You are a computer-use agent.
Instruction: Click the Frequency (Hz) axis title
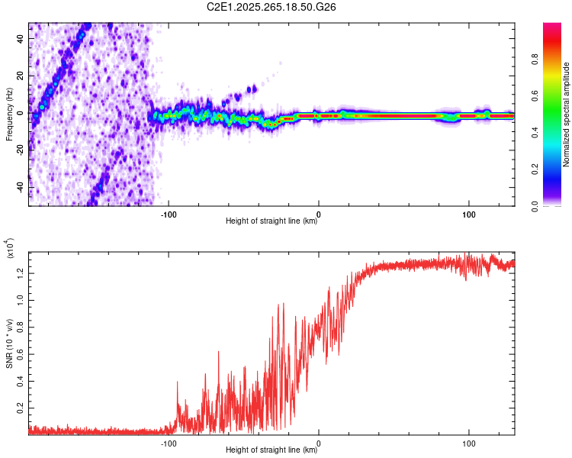pos(9,114)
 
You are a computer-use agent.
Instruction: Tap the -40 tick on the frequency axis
pos(21,187)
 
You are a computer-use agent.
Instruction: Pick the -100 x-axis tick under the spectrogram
pos(169,213)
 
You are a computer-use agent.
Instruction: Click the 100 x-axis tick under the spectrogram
pos(468,213)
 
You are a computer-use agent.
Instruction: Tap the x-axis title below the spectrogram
pos(272,221)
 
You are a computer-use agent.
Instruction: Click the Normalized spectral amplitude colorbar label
pos(567,114)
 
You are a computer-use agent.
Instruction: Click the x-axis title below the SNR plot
pos(272,450)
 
